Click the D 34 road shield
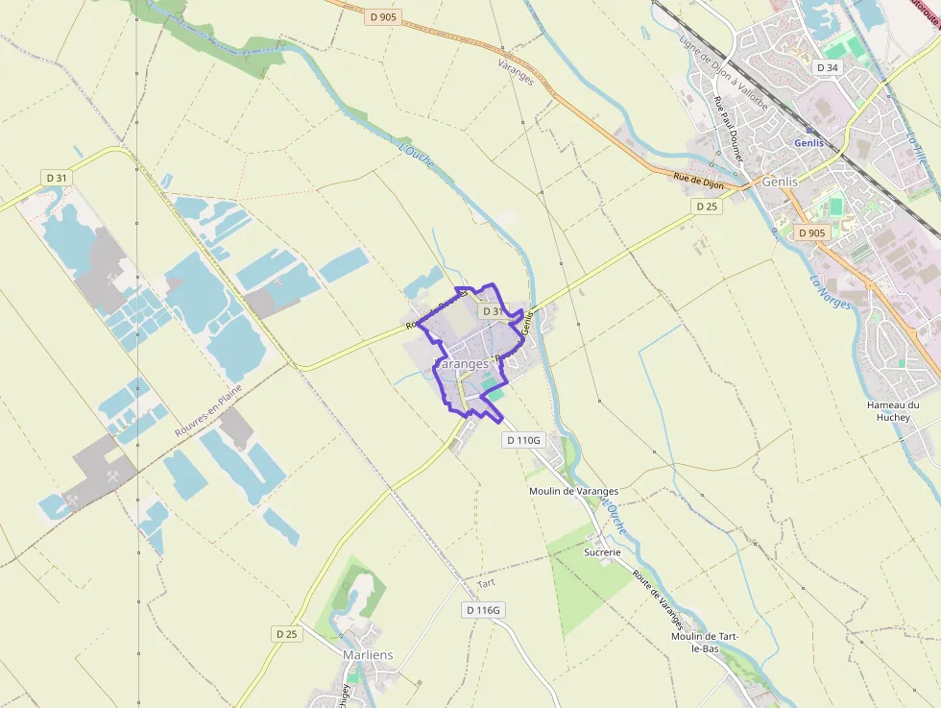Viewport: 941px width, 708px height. coord(827,67)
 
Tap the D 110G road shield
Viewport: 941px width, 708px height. coord(523,440)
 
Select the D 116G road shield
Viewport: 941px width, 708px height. coord(484,610)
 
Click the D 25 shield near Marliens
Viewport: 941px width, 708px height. coord(286,634)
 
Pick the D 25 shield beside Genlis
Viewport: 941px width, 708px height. coord(706,207)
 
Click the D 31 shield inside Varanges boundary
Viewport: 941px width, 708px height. coord(491,311)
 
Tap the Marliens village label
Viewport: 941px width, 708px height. coord(368,655)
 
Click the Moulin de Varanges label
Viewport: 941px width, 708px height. coord(573,491)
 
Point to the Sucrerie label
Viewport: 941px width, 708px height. coord(602,552)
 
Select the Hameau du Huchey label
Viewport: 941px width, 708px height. coord(893,411)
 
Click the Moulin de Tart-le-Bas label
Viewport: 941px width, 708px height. coord(708,642)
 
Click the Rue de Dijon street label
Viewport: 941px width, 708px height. coord(698,179)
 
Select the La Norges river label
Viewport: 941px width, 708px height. coord(831,293)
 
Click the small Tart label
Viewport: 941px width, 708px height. coord(487,584)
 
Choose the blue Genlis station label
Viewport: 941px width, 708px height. coord(809,143)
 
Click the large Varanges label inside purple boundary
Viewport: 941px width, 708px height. coord(464,365)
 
